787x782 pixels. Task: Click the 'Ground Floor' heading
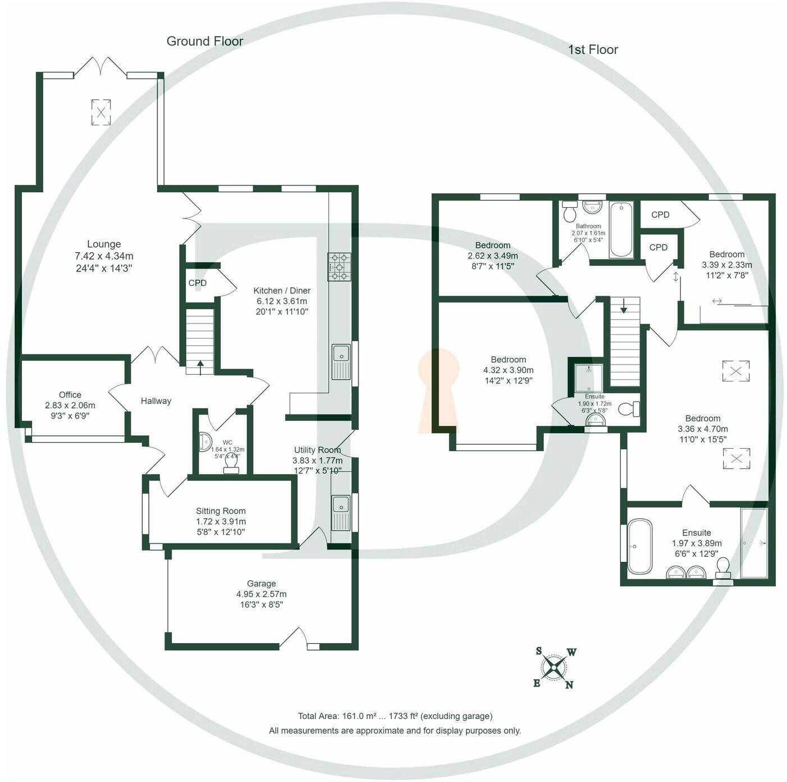click(x=205, y=41)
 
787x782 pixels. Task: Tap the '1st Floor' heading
click(x=593, y=49)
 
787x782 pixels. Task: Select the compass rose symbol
click(x=555, y=668)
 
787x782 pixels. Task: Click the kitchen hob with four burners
click(x=340, y=266)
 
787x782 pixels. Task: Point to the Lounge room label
click(x=104, y=244)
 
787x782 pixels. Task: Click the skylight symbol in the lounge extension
click(x=101, y=112)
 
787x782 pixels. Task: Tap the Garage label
click(x=261, y=584)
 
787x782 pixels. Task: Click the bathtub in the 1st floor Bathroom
click(x=621, y=229)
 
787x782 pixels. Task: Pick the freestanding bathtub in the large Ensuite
click(x=639, y=546)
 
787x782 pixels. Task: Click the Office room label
click(x=70, y=395)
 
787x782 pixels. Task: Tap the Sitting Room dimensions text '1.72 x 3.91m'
click(x=221, y=521)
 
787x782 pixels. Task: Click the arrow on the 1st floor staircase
click(x=624, y=307)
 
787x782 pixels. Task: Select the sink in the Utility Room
click(x=340, y=512)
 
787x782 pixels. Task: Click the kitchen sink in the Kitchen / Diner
click(x=340, y=361)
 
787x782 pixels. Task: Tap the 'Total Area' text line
click(x=395, y=716)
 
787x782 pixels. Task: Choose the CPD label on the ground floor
click(x=198, y=283)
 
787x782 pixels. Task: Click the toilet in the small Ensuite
click(x=630, y=409)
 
